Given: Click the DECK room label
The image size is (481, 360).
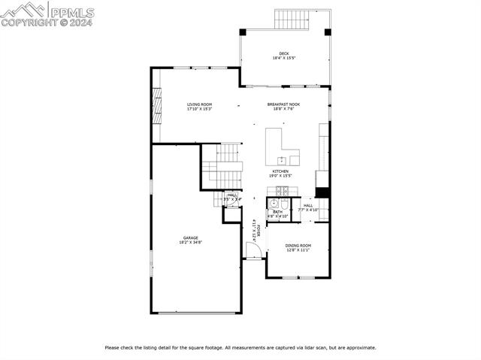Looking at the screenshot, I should point(283,53).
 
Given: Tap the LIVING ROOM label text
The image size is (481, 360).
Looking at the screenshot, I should point(199,104).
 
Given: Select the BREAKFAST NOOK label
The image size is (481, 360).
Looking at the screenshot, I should point(283,104).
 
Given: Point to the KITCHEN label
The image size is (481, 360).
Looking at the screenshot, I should point(280,171).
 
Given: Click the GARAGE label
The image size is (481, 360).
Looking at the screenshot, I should point(190,237).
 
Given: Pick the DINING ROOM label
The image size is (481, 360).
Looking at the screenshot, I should point(298,246).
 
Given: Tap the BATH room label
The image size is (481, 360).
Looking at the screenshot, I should point(278,212).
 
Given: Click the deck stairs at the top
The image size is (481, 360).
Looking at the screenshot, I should point(293,19).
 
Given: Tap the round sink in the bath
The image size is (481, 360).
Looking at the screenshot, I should point(274,203).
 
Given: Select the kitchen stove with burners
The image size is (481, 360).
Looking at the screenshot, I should point(282,191).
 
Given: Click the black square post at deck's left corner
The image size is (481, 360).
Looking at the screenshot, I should point(243,32).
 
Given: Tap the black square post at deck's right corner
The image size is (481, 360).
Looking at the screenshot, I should point(327,32).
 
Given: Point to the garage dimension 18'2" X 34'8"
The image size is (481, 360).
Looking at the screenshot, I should point(190,242).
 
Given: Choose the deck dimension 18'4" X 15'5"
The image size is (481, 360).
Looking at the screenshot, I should point(283,58).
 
